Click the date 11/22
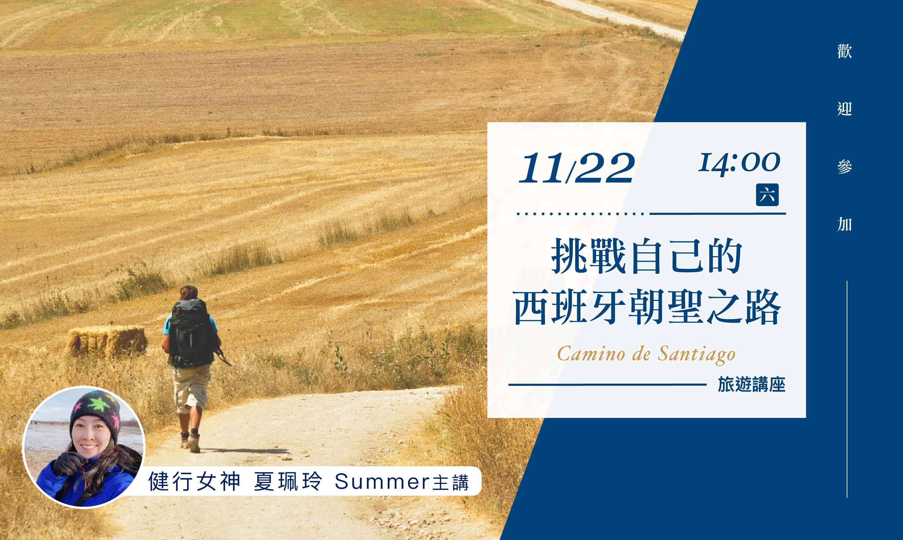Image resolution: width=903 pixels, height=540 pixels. [577, 168]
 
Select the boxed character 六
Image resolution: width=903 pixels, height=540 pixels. [767, 195]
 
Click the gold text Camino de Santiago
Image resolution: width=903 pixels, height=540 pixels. [646, 354]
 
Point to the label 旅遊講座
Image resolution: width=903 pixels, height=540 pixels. [751, 385]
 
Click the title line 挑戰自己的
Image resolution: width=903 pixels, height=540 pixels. [647, 257]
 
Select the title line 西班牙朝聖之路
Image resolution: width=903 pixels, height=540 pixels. [647, 307]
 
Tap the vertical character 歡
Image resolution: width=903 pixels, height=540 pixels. [844, 51]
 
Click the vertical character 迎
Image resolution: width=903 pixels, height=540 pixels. [844, 109]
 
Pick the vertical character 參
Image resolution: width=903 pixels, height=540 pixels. [844, 167]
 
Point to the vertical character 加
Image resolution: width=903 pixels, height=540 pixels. [844, 224]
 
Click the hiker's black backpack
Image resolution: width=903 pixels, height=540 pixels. [192, 333]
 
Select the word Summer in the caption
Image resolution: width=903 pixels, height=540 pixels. [382, 482]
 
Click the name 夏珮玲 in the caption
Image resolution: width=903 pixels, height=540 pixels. [288, 481]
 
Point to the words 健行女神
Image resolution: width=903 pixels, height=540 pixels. [194, 481]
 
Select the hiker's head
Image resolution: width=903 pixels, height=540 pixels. [189, 293]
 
